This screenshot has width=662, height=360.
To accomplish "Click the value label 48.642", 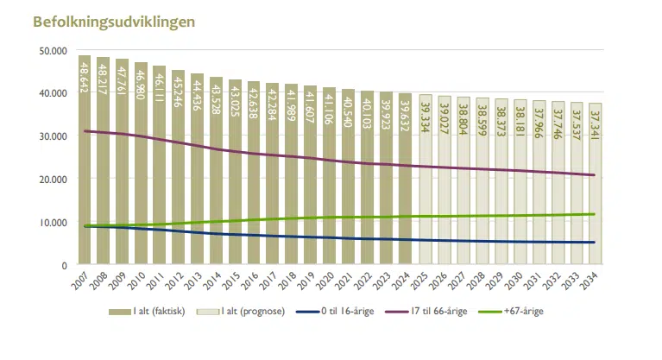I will coord(85,79).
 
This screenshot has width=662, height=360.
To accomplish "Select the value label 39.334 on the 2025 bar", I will coord(425,118).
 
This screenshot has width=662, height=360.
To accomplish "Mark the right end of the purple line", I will coord(595,175).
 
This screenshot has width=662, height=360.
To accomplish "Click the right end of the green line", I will coord(595,214).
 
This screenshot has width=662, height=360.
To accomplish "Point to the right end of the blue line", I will coord(595,243).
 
